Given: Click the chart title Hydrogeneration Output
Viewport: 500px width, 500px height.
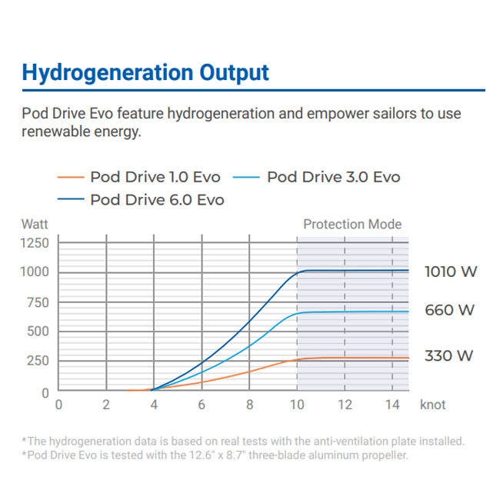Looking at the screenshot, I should [145, 73].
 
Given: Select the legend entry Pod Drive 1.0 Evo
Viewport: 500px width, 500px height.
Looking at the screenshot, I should [155, 177].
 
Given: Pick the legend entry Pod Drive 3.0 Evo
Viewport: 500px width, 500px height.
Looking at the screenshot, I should [333, 177].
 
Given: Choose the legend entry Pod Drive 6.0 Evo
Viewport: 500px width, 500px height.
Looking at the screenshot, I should [157, 200].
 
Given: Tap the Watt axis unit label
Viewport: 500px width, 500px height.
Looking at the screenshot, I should [35, 225].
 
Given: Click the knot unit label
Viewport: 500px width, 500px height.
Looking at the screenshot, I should [433, 404].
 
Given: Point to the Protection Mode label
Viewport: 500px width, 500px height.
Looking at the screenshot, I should [352, 225].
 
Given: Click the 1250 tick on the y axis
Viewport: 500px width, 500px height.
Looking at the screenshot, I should [35, 243].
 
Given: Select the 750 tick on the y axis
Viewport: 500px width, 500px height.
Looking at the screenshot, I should [38, 302].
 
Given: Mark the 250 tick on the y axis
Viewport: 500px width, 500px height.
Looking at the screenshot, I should [38, 361].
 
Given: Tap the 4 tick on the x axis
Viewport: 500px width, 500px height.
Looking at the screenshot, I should [154, 405].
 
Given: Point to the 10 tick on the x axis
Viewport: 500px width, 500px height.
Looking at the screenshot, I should [297, 405].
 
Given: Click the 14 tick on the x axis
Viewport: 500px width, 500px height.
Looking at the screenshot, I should [392, 405].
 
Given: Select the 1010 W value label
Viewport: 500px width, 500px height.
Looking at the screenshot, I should [450, 272].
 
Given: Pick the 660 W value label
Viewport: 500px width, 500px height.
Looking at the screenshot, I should [450, 311].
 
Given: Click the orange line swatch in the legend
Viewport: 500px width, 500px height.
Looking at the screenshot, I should [71, 178].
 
